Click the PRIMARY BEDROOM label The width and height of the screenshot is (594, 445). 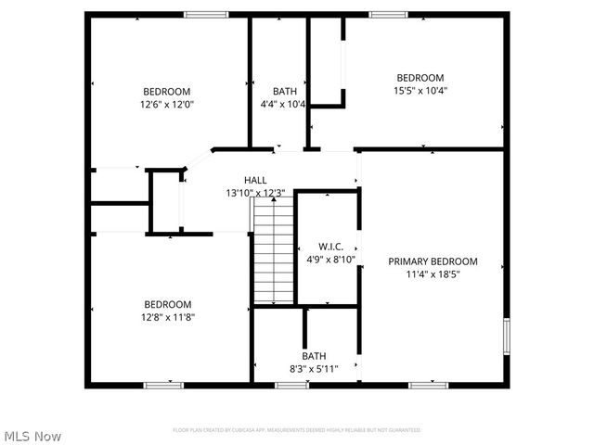(x=433, y=261)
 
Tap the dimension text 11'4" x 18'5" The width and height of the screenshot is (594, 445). (x=433, y=274)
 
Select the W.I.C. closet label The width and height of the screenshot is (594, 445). (x=331, y=247)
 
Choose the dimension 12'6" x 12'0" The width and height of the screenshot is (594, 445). (x=167, y=105)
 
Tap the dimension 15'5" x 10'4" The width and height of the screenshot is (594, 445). (x=420, y=91)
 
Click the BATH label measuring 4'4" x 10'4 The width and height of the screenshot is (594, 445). (x=285, y=91)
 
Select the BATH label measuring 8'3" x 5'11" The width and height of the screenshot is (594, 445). (x=314, y=355)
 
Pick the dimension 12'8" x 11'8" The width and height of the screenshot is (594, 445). (x=168, y=317)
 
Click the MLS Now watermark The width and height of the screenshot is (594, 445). (x=33, y=436)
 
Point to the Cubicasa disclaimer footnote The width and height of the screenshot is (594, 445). (x=297, y=430)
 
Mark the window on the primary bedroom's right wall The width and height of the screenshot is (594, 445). (x=507, y=336)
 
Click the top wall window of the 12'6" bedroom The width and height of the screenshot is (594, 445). (x=206, y=14)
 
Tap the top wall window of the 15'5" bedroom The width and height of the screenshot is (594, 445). (x=387, y=14)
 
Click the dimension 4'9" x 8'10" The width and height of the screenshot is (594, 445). (x=331, y=260)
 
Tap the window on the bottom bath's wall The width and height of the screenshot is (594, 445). (x=291, y=384)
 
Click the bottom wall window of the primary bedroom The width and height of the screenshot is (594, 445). (x=428, y=384)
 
